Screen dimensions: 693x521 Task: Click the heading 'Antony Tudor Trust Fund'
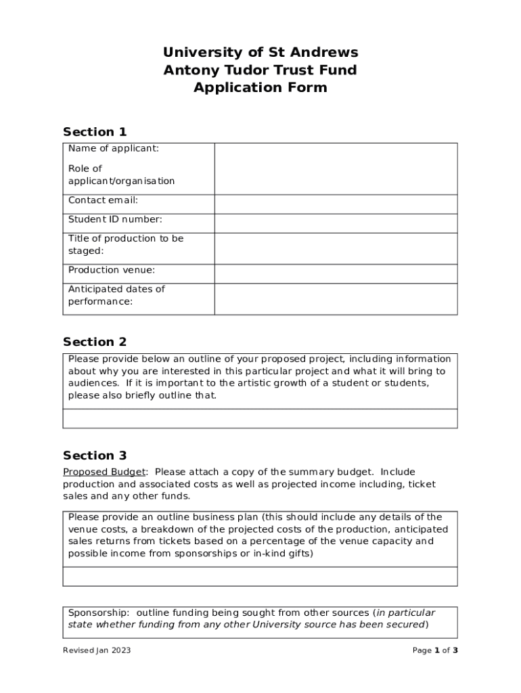click(x=260, y=70)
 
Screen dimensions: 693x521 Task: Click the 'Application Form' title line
click(x=260, y=87)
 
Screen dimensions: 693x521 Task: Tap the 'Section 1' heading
click(x=95, y=132)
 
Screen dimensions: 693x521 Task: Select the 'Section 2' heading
click(x=95, y=342)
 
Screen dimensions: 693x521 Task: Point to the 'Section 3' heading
click(x=95, y=455)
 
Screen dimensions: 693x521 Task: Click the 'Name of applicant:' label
click(x=114, y=149)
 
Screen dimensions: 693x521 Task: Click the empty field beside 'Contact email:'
click(x=336, y=204)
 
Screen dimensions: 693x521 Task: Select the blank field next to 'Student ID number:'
click(x=336, y=223)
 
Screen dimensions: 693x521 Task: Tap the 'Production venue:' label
click(x=112, y=270)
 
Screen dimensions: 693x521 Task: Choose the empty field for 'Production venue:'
click(x=336, y=273)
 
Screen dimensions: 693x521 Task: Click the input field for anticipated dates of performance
click(x=336, y=298)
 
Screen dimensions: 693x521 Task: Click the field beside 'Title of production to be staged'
click(x=336, y=248)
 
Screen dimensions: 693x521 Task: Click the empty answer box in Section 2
click(x=260, y=418)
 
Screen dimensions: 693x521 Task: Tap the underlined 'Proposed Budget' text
click(x=104, y=472)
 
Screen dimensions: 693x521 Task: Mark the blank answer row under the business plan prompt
click(x=260, y=576)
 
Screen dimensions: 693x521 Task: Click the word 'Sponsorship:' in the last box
click(x=99, y=612)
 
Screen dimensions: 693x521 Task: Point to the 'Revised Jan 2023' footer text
click(x=97, y=650)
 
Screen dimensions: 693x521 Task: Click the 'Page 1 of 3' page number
click(x=435, y=650)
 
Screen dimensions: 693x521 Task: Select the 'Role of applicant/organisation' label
click(x=121, y=175)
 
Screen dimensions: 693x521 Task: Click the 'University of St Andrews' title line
click(x=260, y=52)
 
